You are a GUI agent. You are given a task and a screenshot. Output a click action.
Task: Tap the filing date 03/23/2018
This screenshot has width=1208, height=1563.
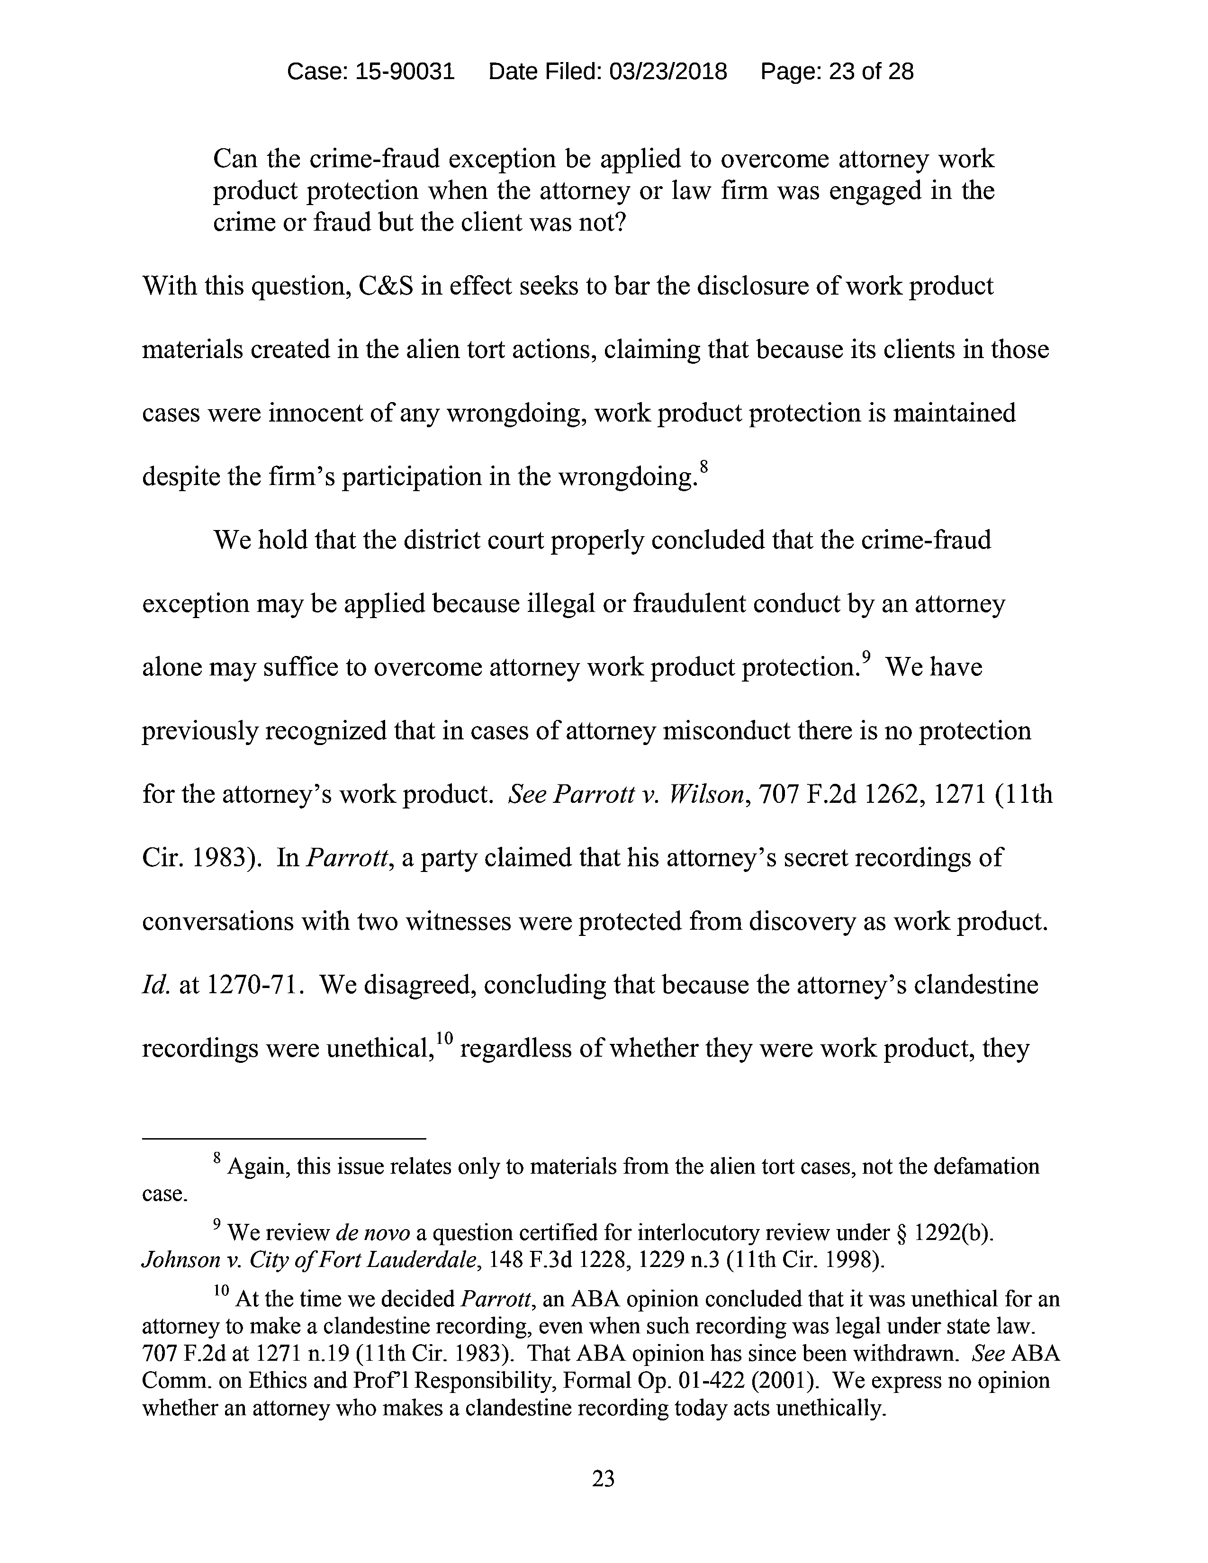click(x=667, y=72)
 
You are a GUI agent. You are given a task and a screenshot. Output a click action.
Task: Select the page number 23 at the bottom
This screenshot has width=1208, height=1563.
click(x=603, y=1478)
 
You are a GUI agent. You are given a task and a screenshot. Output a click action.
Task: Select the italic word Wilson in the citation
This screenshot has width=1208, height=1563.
click(x=705, y=794)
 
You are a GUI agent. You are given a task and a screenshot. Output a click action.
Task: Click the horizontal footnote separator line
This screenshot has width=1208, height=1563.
click(x=284, y=1138)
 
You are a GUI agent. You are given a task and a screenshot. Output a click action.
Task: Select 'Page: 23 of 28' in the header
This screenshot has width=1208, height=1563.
click(x=837, y=72)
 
